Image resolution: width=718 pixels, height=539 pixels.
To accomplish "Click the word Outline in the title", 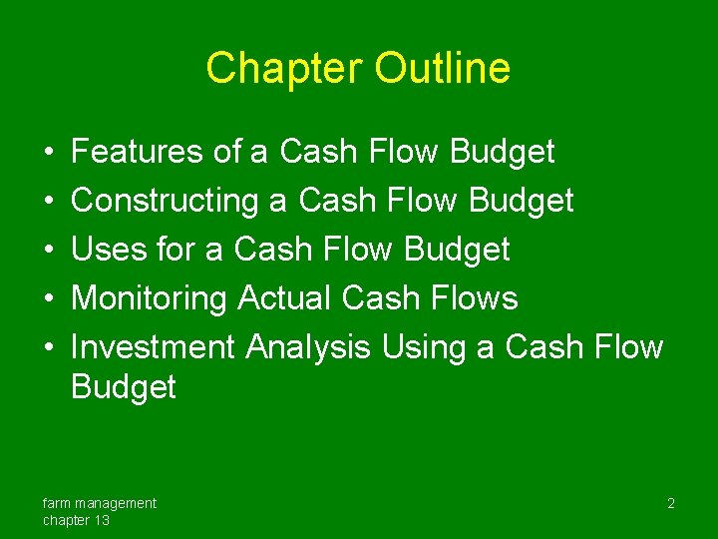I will coord(443,69).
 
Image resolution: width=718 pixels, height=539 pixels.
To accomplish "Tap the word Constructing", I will coord(165,201).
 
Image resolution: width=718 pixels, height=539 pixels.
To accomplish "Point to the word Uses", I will coord(110,250).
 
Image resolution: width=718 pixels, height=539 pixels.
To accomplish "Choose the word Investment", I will coord(154,347).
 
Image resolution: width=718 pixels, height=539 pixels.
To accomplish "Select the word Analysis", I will coord(308,347).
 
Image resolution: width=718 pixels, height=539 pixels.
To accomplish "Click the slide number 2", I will coord(671,504).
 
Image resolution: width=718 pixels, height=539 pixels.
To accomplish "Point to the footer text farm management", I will coord(100,503).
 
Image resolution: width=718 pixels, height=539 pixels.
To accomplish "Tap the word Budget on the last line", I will coord(124,387).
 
